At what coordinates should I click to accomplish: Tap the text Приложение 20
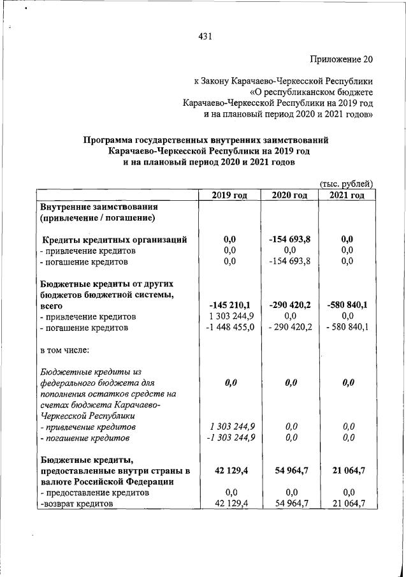click(x=340, y=60)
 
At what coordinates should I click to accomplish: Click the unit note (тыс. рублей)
click(x=345, y=184)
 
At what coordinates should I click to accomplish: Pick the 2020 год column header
click(x=289, y=195)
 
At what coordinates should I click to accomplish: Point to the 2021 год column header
click(x=347, y=195)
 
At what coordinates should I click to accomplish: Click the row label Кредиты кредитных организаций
click(x=115, y=240)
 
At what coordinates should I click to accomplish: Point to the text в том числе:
click(x=65, y=350)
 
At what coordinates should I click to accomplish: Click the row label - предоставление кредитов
click(x=94, y=492)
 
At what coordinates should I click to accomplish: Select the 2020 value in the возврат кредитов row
click(x=289, y=504)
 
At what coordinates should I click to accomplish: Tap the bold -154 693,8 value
click(x=289, y=240)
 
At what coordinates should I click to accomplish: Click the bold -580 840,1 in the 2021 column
click(x=347, y=305)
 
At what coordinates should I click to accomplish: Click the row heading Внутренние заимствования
click(x=99, y=207)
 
